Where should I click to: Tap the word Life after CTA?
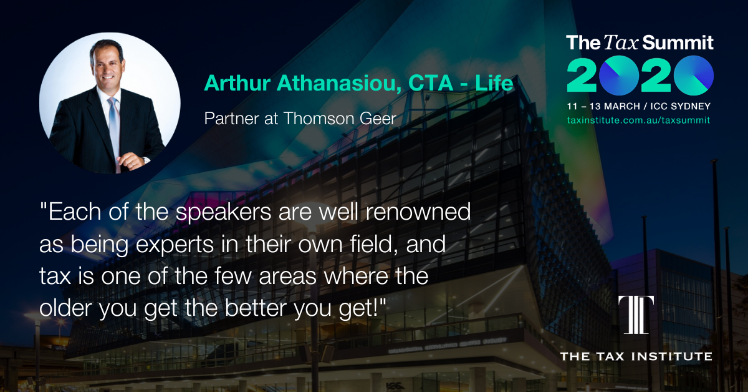coord(494,82)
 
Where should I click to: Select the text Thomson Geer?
coord(340,119)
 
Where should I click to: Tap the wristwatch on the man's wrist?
coord(145,160)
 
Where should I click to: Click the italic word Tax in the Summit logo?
coord(621,43)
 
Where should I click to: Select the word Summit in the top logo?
coord(678,43)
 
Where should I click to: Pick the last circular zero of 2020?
coord(694,76)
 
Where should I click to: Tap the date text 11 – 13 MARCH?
coord(603,106)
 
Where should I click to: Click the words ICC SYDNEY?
coord(680,106)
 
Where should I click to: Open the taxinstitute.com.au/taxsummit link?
coord(638,120)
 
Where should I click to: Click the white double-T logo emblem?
coord(636,315)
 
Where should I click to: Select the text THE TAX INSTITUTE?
coord(636,356)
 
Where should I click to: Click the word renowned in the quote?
coord(418,212)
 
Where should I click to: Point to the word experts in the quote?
coord(175,245)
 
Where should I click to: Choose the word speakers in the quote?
coord(223,213)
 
